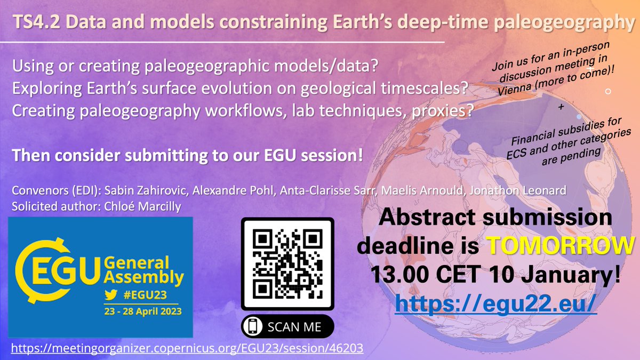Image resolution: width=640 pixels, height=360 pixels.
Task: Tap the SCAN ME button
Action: point(287,326)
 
